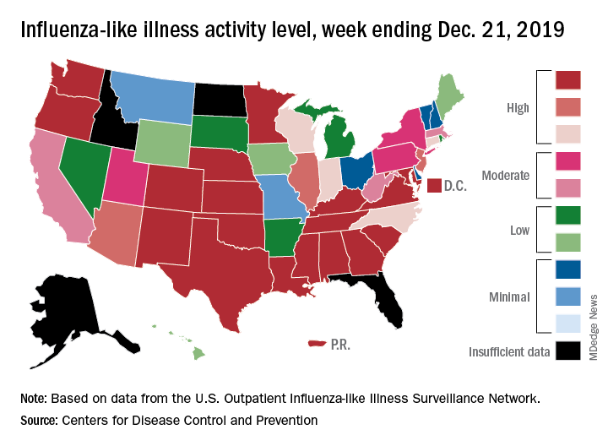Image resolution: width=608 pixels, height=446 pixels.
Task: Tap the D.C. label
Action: click(x=456, y=185)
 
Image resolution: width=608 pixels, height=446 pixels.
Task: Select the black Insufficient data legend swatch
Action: click(x=568, y=350)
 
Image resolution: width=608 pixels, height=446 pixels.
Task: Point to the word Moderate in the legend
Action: click(x=505, y=176)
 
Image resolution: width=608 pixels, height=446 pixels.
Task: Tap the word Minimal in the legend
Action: click(x=508, y=296)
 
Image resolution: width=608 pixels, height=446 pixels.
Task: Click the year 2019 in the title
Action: click(x=531, y=31)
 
